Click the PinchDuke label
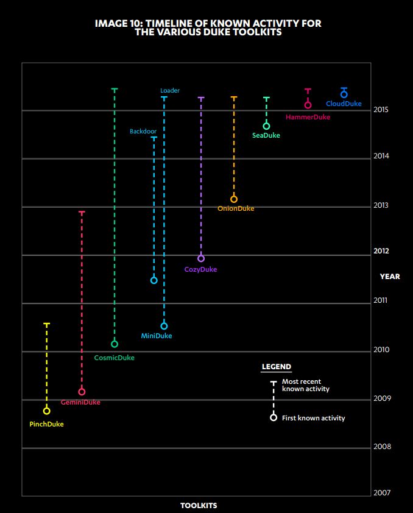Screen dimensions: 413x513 point(46,424)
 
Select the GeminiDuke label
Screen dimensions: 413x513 point(80,402)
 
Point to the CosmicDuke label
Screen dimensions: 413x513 point(114,358)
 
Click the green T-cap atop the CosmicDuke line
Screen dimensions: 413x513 point(115,89)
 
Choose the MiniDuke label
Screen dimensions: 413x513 point(157,336)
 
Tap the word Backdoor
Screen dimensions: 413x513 point(143,131)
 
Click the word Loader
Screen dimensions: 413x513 point(170,90)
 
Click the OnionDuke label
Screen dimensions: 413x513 point(236,208)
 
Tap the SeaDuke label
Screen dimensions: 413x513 point(266,135)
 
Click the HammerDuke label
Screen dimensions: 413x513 point(308,117)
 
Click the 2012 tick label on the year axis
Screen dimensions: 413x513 point(381,251)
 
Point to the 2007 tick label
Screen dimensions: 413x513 point(382,492)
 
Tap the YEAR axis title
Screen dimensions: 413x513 point(390,277)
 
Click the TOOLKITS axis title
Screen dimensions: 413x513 point(199,506)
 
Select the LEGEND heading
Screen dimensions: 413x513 point(277,367)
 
